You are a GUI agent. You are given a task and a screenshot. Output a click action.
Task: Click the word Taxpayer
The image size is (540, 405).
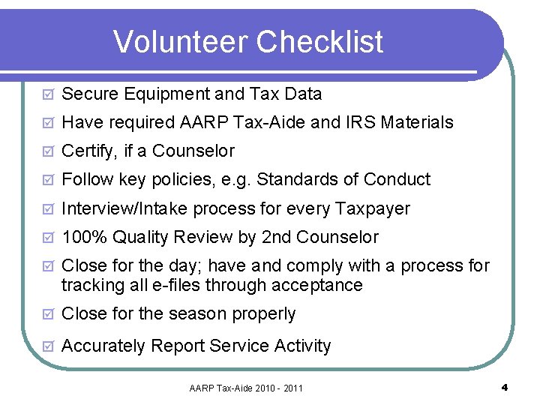(x=373, y=208)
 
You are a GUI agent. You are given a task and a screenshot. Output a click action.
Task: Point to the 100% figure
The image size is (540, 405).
(x=85, y=238)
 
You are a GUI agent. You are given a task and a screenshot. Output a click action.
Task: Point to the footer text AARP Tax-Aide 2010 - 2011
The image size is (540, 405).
(x=246, y=388)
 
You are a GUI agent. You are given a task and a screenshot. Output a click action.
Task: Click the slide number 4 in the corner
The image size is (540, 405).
(x=505, y=388)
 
